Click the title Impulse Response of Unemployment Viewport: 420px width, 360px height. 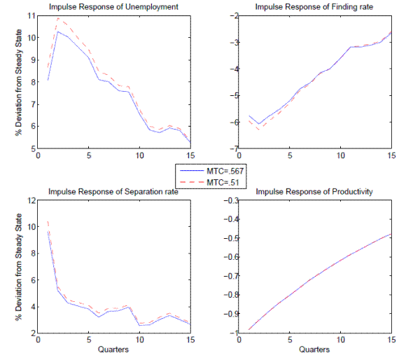113,7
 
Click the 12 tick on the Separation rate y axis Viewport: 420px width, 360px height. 31,200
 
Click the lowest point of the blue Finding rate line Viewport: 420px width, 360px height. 260,124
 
